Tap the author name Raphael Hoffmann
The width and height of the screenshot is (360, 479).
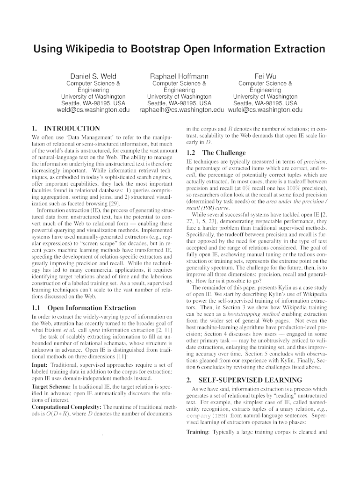click(179, 76)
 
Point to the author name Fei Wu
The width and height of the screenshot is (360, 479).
click(265, 76)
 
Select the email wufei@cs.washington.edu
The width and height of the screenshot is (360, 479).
click(265, 110)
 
